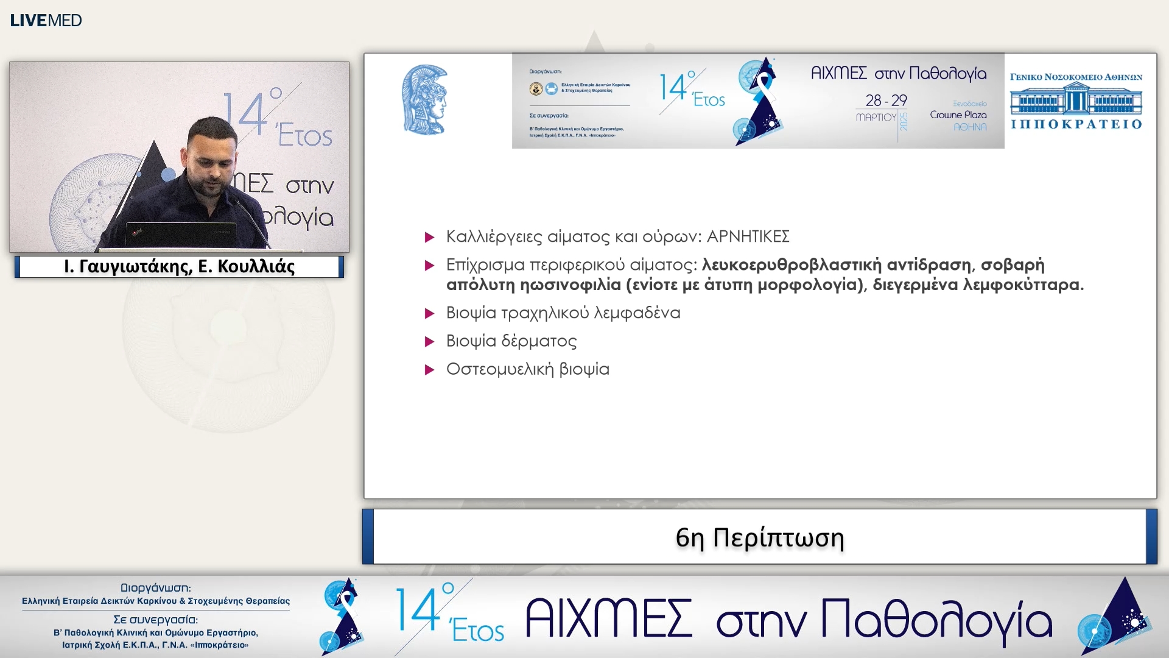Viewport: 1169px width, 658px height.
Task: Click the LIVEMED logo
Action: (46, 20)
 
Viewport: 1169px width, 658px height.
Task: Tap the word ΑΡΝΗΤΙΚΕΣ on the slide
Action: (748, 236)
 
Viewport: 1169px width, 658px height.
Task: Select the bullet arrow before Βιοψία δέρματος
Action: (429, 342)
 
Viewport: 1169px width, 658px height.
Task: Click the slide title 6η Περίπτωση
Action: (759, 537)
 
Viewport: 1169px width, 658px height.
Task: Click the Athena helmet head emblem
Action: (426, 100)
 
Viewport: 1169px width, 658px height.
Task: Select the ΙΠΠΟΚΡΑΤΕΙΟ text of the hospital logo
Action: (1076, 124)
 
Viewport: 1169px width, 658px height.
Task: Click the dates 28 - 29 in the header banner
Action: (886, 100)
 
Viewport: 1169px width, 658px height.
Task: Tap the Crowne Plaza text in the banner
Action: (958, 115)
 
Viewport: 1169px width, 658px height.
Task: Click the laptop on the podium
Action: (181, 234)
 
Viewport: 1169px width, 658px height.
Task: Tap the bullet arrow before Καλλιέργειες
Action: (429, 237)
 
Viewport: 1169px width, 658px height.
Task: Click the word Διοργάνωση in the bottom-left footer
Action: (155, 588)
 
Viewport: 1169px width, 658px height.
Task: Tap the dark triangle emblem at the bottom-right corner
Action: (1119, 615)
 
